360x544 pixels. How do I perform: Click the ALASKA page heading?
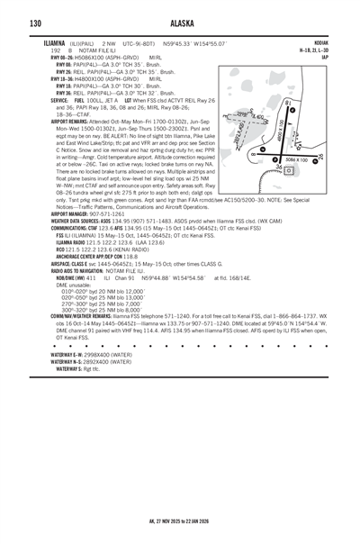(x=179, y=23)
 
